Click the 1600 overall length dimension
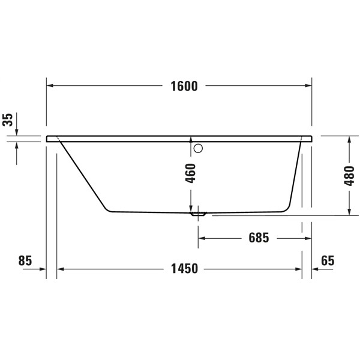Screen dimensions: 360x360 point(183,86)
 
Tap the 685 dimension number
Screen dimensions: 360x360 point(255,238)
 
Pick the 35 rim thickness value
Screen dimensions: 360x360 point(8,119)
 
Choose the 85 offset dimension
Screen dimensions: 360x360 point(25,261)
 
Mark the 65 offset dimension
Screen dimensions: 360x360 point(327,261)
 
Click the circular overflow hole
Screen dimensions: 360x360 point(199,148)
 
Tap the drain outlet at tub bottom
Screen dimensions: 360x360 point(197,212)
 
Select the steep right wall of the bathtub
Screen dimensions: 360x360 point(295,174)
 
